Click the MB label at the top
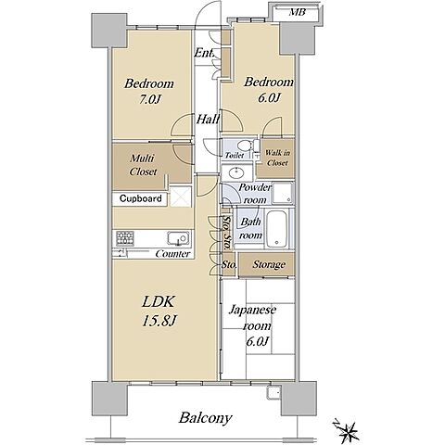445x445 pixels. click(298, 12)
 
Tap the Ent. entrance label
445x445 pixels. click(204, 53)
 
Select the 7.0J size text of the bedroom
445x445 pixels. click(149, 99)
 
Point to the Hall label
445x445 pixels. click(208, 119)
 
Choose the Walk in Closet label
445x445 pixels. click(277, 158)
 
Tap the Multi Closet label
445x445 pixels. click(143, 165)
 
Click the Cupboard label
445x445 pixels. click(141, 198)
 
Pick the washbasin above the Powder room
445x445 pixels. click(236, 172)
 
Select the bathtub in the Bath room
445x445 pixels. click(276, 229)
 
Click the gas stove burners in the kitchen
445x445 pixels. click(125, 238)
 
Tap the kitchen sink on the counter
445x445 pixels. click(178, 238)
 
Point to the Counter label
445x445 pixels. click(172, 254)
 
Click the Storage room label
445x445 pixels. click(269, 264)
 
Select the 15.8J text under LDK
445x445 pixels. click(159, 321)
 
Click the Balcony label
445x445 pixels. click(205, 418)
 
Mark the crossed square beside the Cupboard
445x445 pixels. click(181, 197)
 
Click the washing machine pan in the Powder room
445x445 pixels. click(282, 193)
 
